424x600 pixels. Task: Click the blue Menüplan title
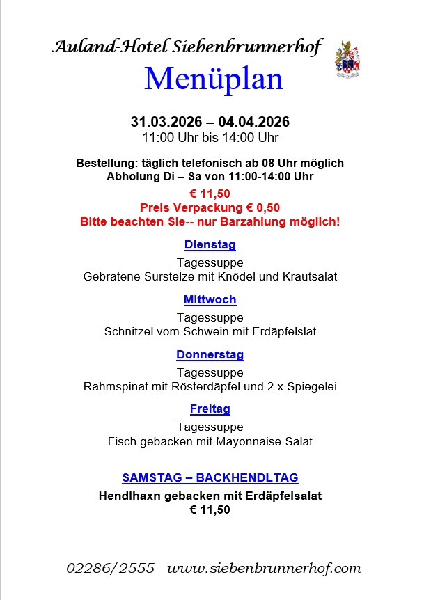[214, 79]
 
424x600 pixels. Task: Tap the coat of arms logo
[348, 58]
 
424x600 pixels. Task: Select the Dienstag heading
[210, 245]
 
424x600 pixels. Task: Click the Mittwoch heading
[210, 300]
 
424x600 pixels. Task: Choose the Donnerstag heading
[210, 355]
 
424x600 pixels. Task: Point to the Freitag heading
[210, 409]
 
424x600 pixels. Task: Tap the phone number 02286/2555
[110, 568]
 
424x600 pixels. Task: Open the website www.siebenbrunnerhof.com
[264, 568]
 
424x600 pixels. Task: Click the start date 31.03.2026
[164, 122]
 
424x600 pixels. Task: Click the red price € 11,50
[210, 194]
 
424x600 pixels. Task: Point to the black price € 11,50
[210, 510]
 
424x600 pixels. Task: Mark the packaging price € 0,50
[258, 207]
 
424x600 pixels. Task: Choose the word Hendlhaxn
[129, 496]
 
